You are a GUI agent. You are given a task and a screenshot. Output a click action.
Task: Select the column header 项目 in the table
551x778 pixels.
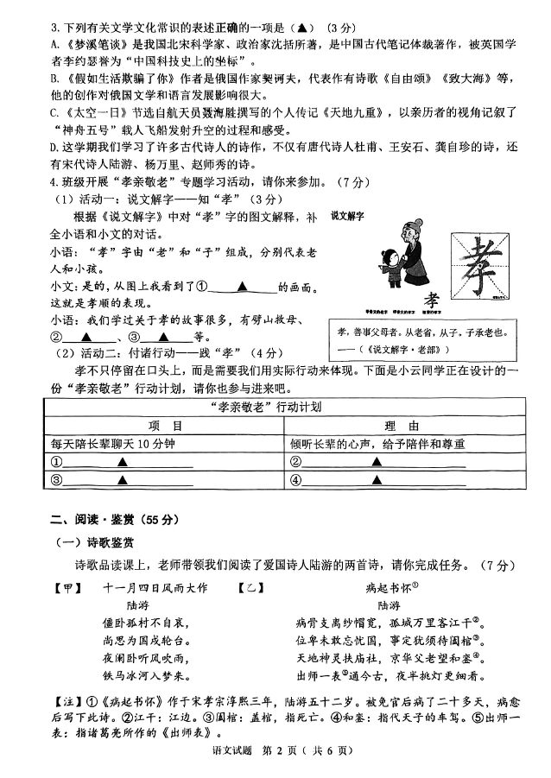click(x=164, y=426)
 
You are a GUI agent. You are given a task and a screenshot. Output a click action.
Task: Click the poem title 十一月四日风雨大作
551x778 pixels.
click(x=155, y=588)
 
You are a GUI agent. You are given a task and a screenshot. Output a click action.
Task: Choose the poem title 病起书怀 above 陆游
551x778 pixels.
click(x=387, y=588)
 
